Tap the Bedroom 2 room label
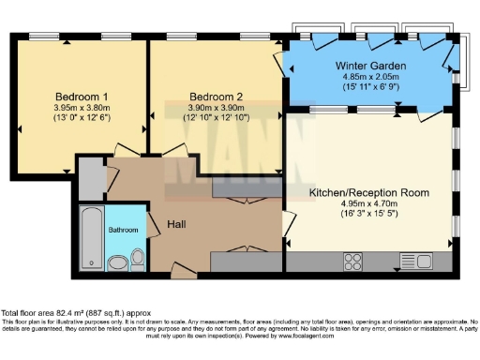[x=217, y=96]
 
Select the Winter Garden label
[x=368, y=66]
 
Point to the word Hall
[x=177, y=224]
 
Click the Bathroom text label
[x=124, y=230]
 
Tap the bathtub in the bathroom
[x=89, y=237]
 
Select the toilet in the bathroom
[x=137, y=256]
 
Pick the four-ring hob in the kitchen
[x=355, y=261]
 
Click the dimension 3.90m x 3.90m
[x=217, y=108]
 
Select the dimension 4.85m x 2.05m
[x=368, y=78]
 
